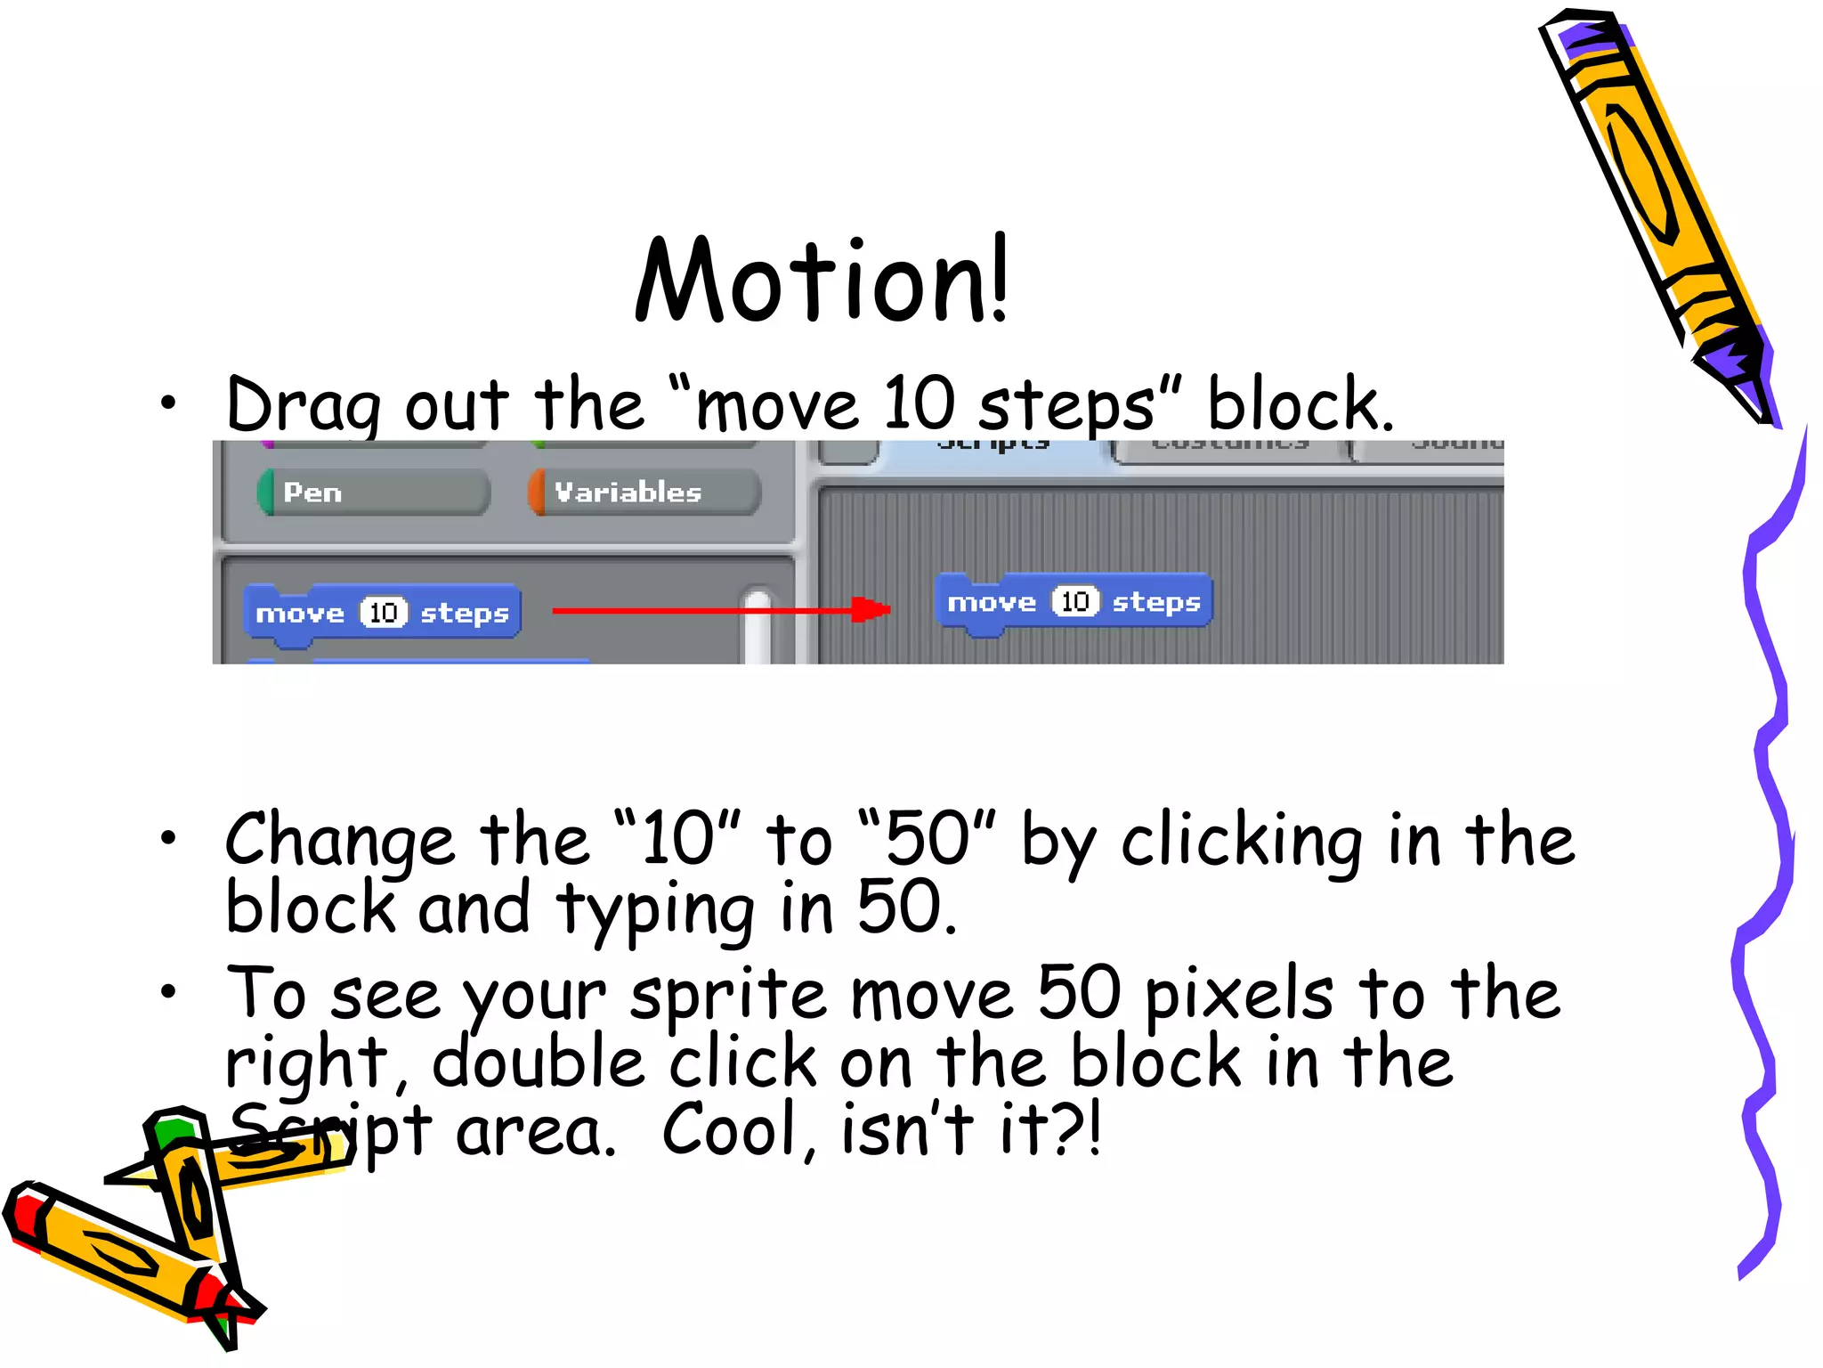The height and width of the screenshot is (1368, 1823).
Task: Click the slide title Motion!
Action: click(821, 281)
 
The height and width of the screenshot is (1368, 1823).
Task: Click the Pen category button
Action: click(374, 493)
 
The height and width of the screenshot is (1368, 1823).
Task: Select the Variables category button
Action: click(644, 493)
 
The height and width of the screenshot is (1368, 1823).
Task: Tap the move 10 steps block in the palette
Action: click(382, 613)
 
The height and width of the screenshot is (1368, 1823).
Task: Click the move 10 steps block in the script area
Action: click(1074, 603)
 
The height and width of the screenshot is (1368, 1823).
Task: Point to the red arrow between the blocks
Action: click(721, 610)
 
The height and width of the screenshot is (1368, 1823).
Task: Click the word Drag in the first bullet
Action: click(303, 406)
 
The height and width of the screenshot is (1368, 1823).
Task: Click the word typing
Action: click(655, 910)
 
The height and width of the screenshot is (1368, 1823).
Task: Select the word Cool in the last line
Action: click(730, 1131)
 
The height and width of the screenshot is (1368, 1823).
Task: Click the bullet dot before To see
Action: click(167, 990)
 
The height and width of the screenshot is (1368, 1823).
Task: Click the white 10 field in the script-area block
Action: click(1074, 602)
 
